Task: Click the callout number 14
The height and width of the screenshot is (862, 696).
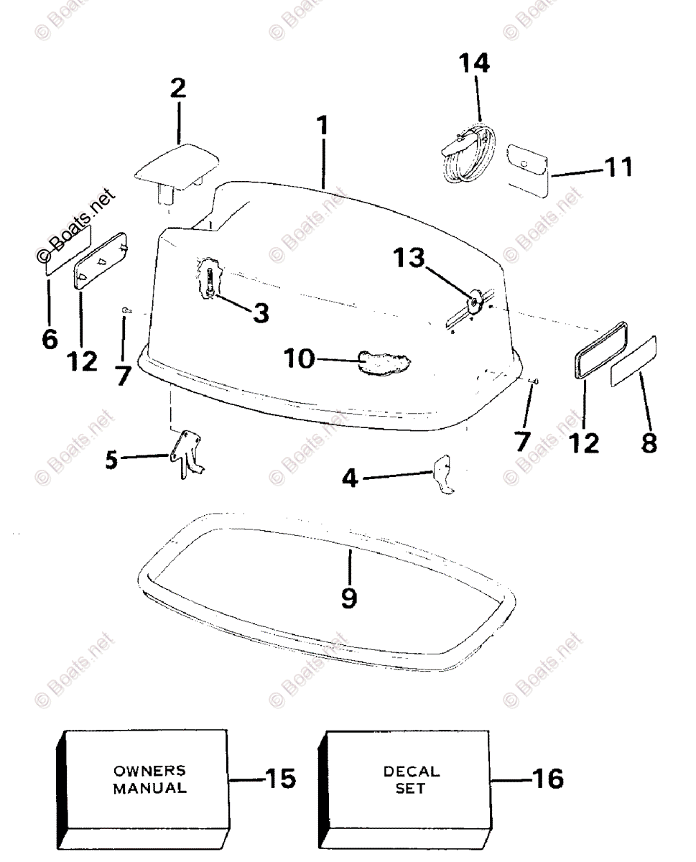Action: pos(475,64)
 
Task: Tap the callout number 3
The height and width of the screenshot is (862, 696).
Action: pos(260,311)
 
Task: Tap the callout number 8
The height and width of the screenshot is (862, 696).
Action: pos(649,442)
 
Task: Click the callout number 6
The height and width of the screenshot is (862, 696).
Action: pos(50,338)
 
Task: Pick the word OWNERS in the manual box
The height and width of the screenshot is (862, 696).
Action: pos(149,771)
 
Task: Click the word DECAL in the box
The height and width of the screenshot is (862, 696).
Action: pos(412,771)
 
